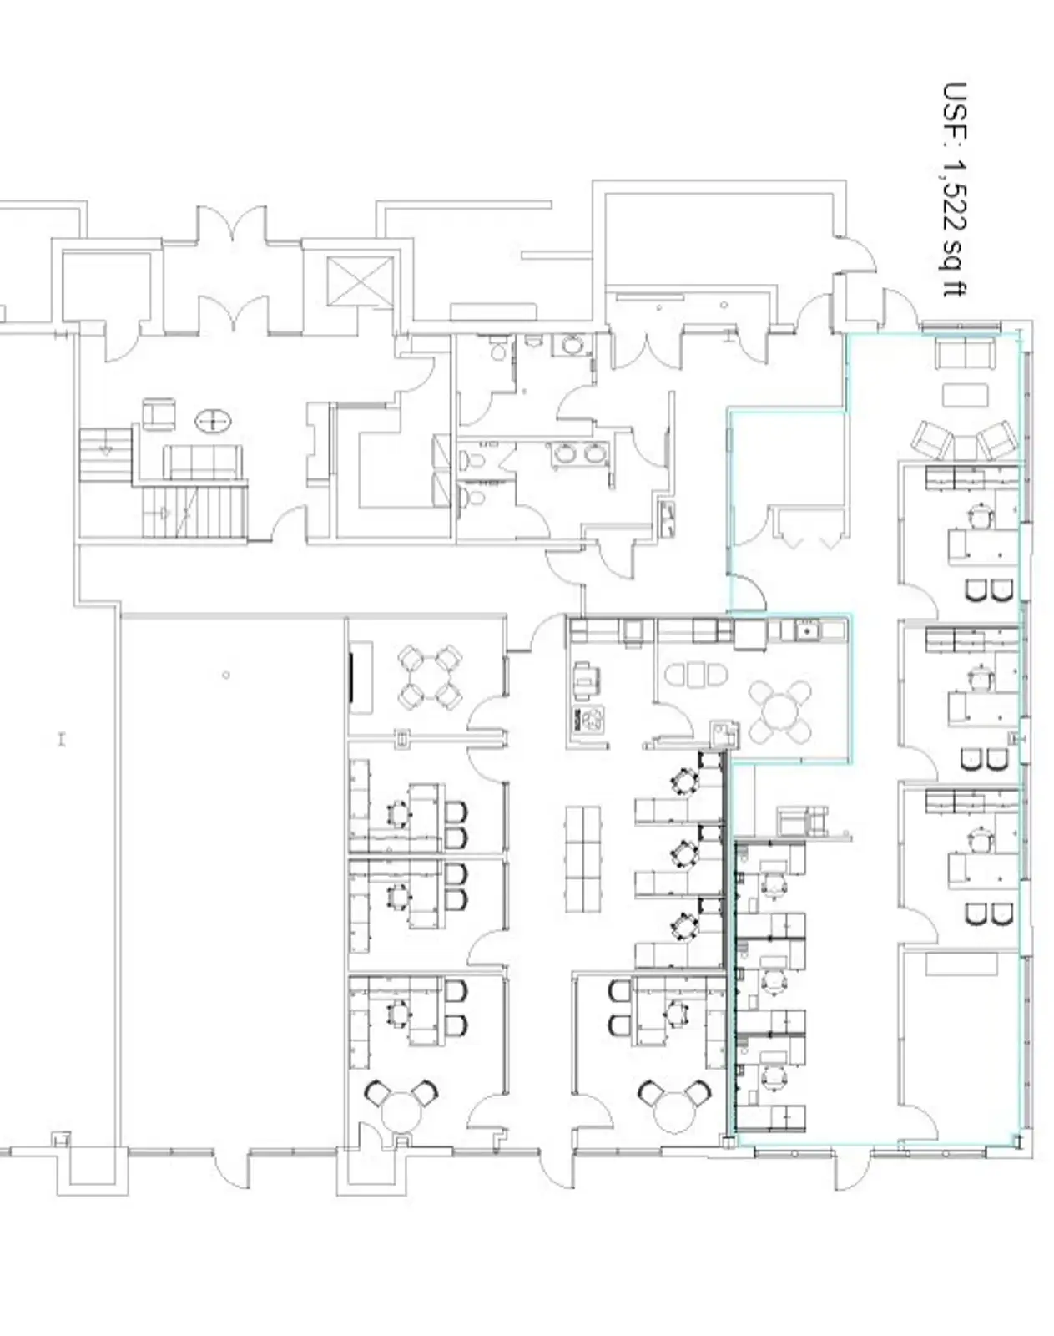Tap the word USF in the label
(955, 111)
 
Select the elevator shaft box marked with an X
(360, 281)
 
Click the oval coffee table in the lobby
(213, 422)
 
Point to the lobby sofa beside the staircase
(202, 462)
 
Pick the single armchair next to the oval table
(159, 413)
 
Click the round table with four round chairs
(780, 712)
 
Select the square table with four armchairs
(430, 676)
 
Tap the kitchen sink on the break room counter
(806, 630)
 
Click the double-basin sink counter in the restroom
(579, 453)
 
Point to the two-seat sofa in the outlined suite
(965, 354)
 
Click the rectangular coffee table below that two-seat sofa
(965, 395)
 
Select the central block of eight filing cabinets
(583, 859)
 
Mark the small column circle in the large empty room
(226, 674)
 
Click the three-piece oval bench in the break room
(695, 675)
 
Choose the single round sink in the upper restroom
(569, 345)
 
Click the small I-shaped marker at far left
(62, 740)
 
